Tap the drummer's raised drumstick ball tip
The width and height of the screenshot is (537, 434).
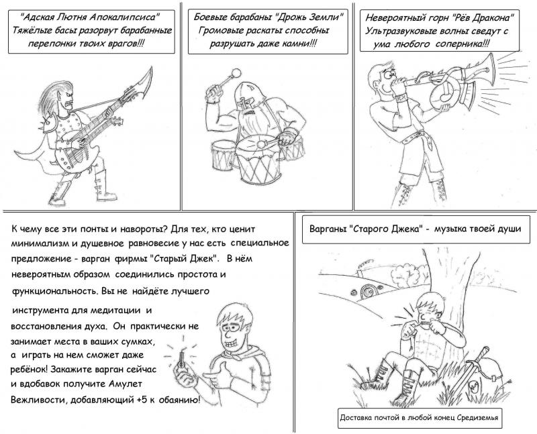236,73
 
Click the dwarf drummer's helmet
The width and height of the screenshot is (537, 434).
249,95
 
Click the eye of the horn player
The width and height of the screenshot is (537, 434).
388,74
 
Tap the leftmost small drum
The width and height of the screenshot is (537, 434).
223,156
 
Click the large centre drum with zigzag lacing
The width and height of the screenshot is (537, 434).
258,160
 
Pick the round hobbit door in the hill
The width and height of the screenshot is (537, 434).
368,292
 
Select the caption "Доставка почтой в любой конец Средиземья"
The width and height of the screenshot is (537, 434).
419,418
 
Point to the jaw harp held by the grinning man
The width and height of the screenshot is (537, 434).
181,358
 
